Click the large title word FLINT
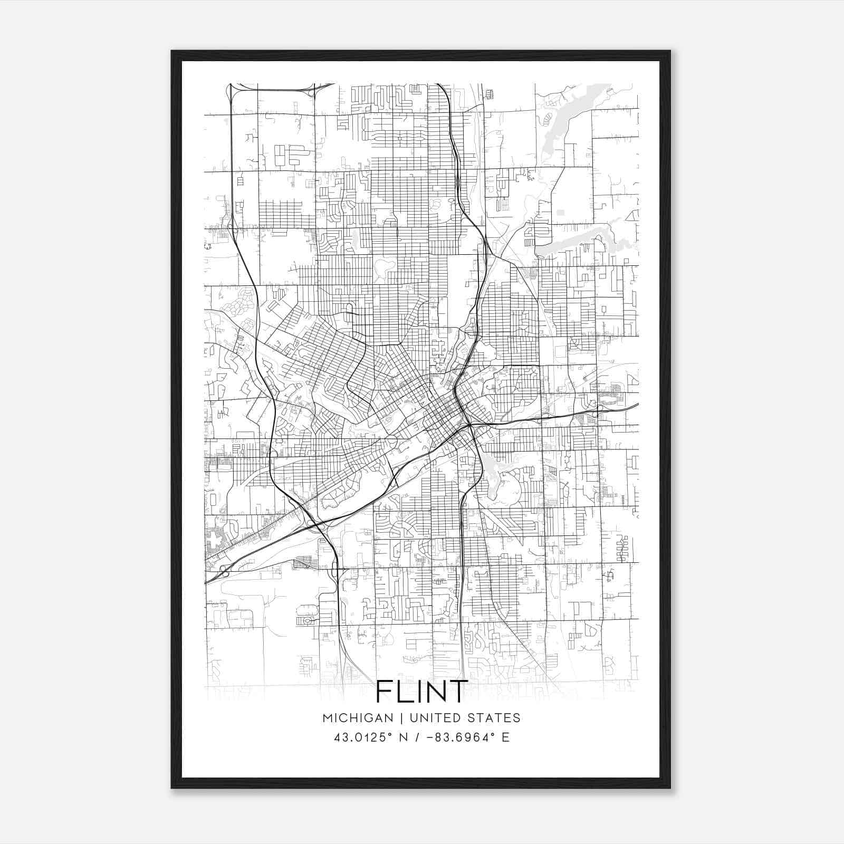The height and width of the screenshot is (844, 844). pos(421,692)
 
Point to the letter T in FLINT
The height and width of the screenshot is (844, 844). pos(457,692)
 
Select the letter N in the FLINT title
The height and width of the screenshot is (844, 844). pos(432,692)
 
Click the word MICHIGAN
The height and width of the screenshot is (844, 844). pos(358,718)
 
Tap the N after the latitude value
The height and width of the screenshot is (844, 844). pos(405,737)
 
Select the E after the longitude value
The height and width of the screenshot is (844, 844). pos(505,737)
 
